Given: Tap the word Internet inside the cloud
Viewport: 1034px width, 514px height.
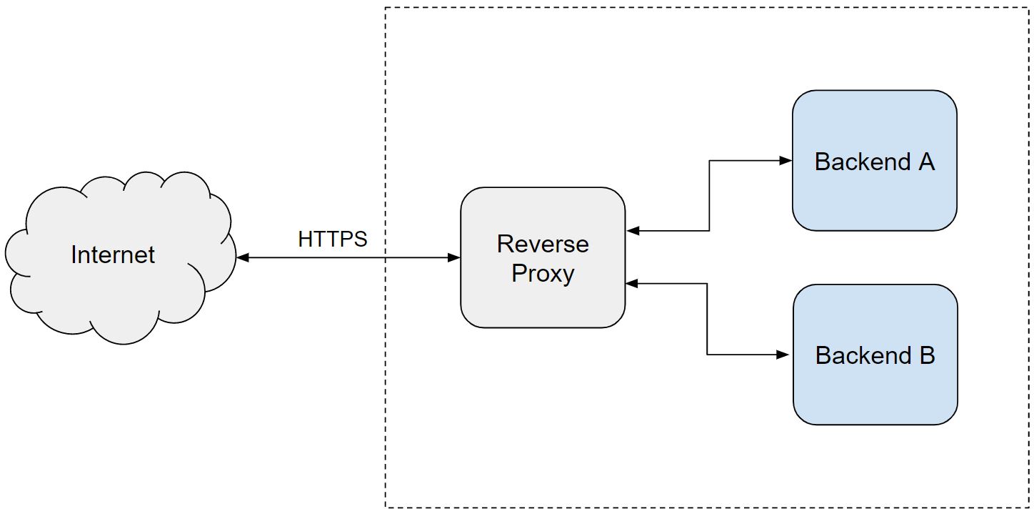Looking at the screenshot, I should [113, 254].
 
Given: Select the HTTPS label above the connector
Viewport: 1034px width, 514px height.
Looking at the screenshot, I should [332, 239].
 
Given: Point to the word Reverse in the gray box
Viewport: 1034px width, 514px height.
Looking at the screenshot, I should [543, 244].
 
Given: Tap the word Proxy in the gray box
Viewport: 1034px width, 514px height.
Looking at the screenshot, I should [543, 273].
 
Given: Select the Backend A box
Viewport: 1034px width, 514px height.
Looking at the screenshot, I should [874, 193].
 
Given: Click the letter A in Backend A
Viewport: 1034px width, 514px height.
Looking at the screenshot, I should [926, 162].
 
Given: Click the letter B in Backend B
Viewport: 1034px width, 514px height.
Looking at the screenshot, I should [927, 355].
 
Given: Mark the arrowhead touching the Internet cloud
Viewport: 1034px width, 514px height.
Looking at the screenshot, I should [243, 257].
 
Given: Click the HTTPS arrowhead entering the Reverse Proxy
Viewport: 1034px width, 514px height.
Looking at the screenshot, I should [454, 257].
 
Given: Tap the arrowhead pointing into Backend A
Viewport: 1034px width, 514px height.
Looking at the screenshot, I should [786, 161].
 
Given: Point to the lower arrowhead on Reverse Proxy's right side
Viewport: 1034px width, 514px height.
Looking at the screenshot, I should [632, 284].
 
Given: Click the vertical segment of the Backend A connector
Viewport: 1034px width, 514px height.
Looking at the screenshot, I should [709, 196].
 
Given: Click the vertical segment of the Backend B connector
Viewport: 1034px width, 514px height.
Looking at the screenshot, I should [707, 319].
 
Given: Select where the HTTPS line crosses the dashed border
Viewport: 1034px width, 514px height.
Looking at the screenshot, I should [386, 257].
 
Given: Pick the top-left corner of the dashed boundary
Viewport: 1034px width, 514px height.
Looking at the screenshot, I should [386, 8].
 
